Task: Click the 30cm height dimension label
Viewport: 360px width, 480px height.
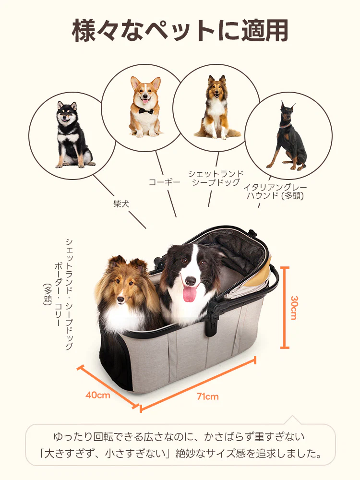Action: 294,308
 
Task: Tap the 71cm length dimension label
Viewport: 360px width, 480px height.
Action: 207,396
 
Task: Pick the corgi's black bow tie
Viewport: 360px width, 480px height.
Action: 145,110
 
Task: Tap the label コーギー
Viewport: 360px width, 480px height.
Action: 164,182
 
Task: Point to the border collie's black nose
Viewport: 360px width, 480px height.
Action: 191,281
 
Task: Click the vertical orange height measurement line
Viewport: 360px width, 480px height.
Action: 285,308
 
